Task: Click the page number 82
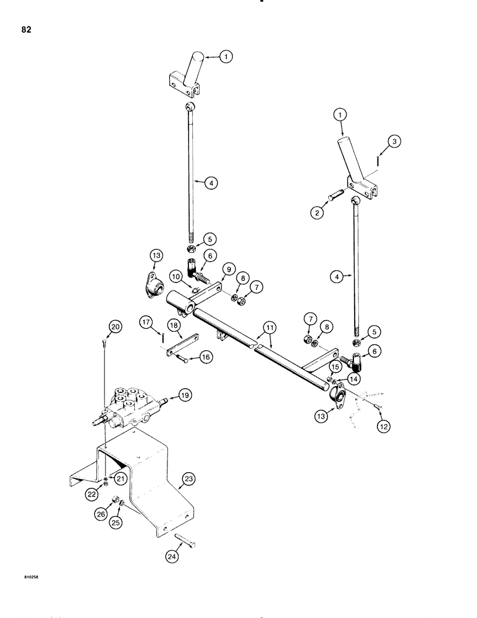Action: coord(25,29)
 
